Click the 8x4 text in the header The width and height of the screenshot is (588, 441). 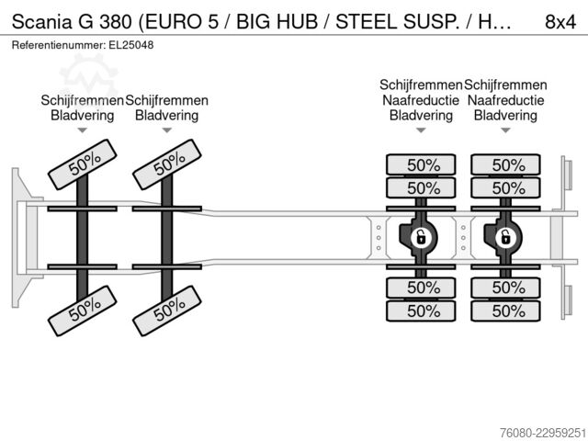pyautogui.click(x=560, y=22)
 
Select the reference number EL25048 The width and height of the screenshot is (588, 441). pyautogui.click(x=130, y=45)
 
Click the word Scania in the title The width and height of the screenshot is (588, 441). pyautogui.click(x=41, y=22)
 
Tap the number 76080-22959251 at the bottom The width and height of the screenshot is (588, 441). pyautogui.click(x=543, y=433)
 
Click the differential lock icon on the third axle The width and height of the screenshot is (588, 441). pyautogui.click(x=421, y=237)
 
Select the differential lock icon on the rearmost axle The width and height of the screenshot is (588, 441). pyautogui.click(x=505, y=237)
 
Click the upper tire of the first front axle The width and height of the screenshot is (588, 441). pyautogui.click(x=82, y=164)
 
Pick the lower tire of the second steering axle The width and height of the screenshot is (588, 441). pyautogui.click(x=167, y=311)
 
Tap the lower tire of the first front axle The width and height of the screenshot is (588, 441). pyautogui.click(x=82, y=311)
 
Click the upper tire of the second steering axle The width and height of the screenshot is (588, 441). pyautogui.click(x=167, y=164)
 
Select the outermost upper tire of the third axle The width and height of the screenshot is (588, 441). pyautogui.click(x=421, y=164)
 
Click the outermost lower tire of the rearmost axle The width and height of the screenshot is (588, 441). pyautogui.click(x=505, y=311)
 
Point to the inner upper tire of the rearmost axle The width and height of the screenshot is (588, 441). pyautogui.click(x=505, y=187)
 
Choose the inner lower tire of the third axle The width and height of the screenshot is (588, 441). pyautogui.click(x=421, y=288)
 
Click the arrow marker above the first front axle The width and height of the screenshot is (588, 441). pyautogui.click(x=82, y=130)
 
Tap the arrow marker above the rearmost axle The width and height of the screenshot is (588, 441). pyautogui.click(x=505, y=130)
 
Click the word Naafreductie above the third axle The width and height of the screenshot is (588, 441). pyautogui.click(x=421, y=100)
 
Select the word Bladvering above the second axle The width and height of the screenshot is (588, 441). pyautogui.click(x=167, y=115)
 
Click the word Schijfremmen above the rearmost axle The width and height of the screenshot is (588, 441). pyautogui.click(x=505, y=85)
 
